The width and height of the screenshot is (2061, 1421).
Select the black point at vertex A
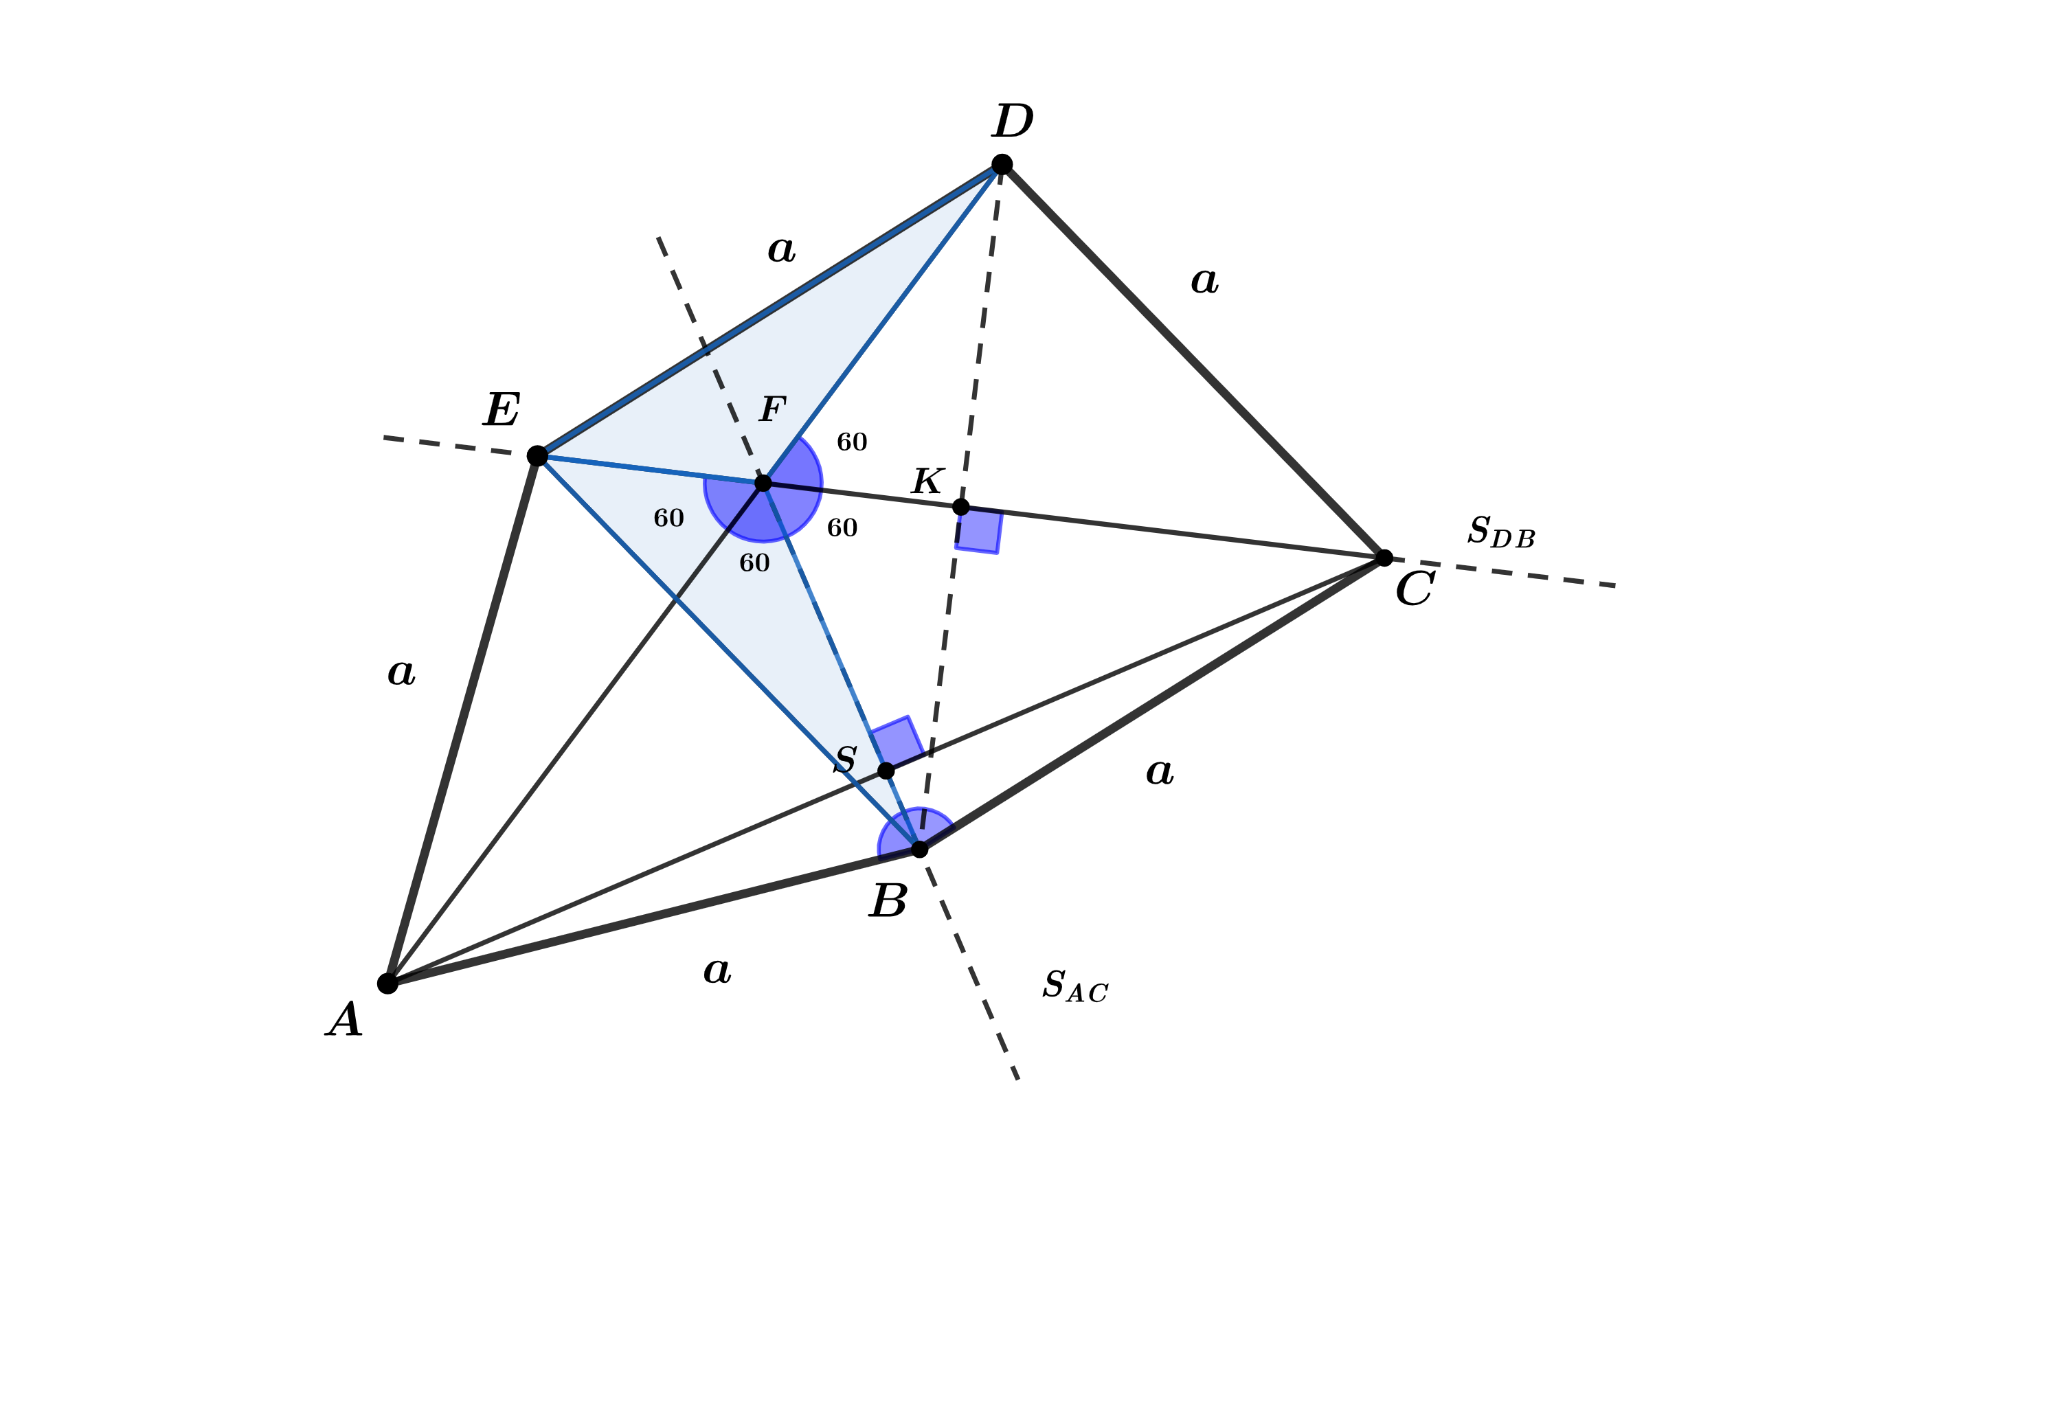[x=387, y=983]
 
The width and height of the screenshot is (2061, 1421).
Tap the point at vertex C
[x=1383, y=558]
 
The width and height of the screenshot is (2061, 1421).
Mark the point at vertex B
[x=919, y=848]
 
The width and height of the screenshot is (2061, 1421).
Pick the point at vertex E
[x=537, y=456]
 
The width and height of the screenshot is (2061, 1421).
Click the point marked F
[x=763, y=483]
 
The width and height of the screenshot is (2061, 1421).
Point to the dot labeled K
[x=960, y=507]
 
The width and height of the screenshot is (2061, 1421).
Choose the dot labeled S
[x=886, y=770]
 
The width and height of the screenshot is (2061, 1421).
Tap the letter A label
[x=345, y=1019]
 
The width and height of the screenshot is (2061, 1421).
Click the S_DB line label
[x=1501, y=532]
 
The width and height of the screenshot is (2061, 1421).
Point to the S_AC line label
[x=1075, y=986]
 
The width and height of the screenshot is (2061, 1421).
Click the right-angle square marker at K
[x=979, y=531]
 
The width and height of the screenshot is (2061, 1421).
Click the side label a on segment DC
[x=1204, y=282]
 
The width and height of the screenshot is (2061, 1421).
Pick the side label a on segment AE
[x=401, y=673]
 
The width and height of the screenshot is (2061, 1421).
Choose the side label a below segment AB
[x=717, y=970]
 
